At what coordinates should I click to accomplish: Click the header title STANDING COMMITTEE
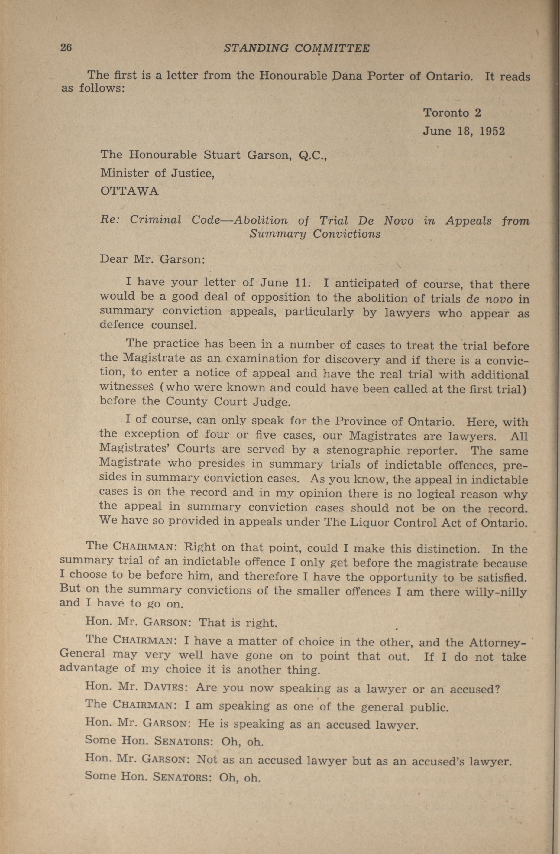[x=296, y=48]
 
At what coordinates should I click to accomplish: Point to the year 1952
[x=492, y=131]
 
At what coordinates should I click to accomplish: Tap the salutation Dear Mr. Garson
[x=153, y=259]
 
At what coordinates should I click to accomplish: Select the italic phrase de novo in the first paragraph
[x=489, y=299]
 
